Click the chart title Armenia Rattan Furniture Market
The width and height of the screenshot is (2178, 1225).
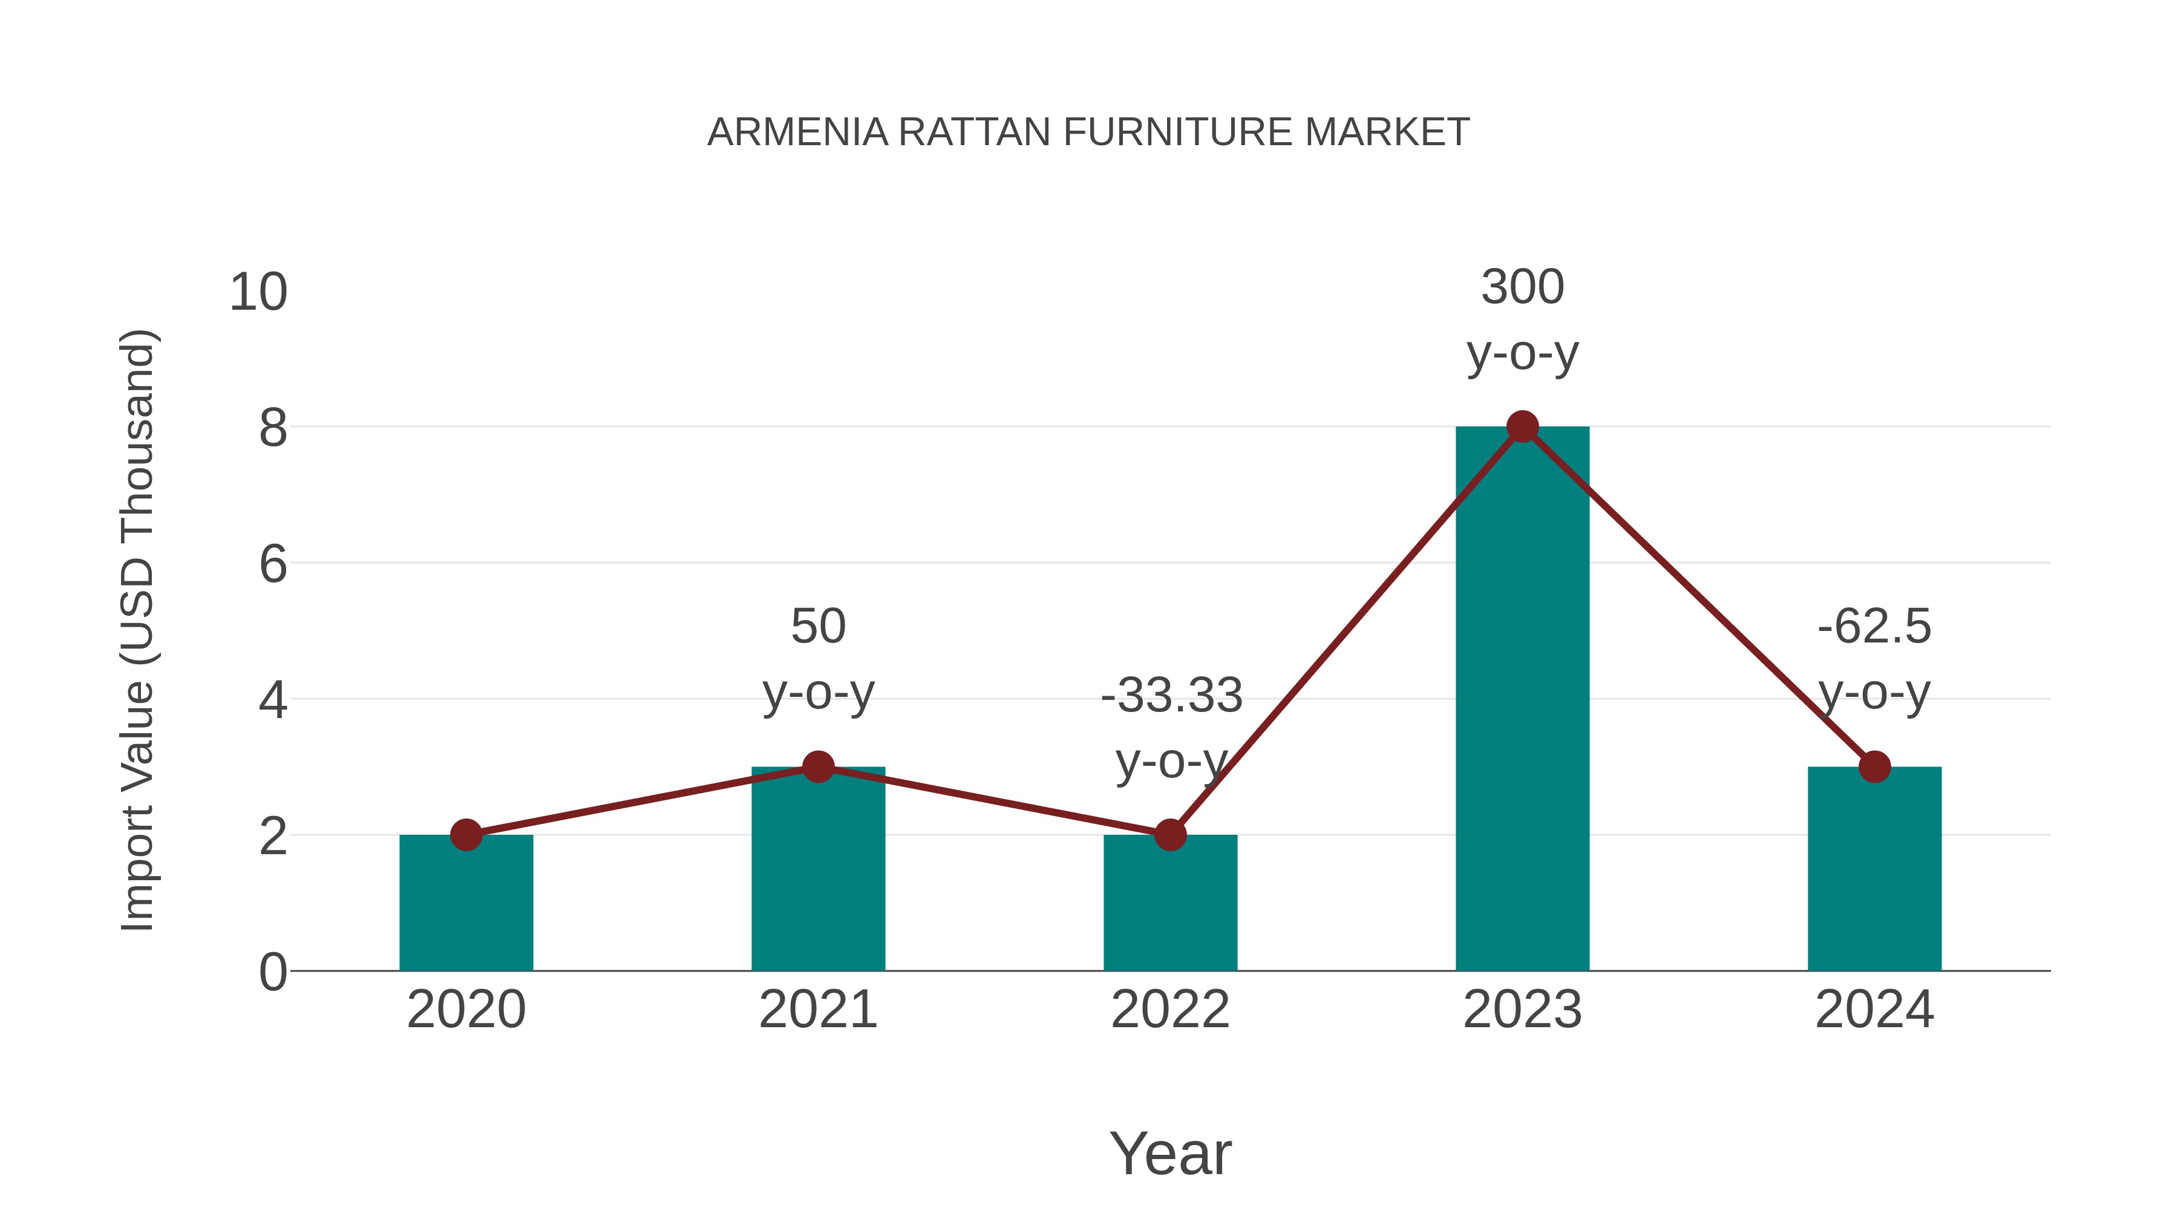point(1088,132)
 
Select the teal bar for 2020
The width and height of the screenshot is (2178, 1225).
point(466,904)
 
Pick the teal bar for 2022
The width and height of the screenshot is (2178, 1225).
point(1170,904)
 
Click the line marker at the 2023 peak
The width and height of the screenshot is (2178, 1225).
point(1522,427)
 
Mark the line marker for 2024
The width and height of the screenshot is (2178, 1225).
point(1874,767)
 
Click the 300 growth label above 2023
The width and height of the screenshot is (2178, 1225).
point(1522,287)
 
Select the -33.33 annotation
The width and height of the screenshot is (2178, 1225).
point(1171,696)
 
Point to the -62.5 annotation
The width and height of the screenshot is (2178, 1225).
point(1874,627)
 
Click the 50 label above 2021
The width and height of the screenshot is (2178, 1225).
point(817,627)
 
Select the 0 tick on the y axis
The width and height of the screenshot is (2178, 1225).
point(273,972)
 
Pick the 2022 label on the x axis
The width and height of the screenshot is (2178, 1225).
point(1170,1010)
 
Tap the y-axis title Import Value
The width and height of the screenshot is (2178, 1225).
point(137,630)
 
